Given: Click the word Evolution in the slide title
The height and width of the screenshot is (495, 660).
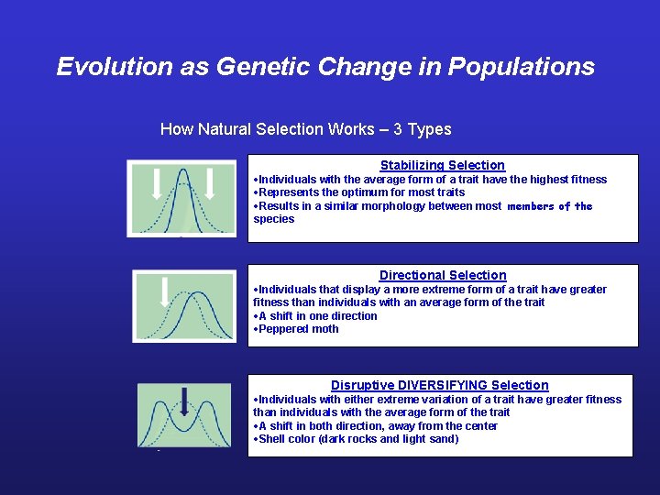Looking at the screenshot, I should click(x=103, y=67).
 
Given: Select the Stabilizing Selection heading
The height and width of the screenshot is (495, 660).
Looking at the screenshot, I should click(x=443, y=165).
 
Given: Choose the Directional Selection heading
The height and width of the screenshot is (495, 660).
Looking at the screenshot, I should click(x=443, y=275).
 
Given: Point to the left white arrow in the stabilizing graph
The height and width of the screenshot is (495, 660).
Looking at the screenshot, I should click(x=157, y=182).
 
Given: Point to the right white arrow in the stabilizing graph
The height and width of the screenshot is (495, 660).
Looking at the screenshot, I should click(x=209, y=182).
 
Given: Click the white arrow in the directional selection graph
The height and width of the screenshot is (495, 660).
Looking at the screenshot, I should click(x=165, y=291).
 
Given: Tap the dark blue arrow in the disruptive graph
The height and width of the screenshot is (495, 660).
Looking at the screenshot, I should click(x=184, y=401).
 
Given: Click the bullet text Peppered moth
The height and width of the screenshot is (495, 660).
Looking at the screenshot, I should click(x=298, y=329).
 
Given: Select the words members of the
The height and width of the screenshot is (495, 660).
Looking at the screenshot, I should click(x=549, y=206).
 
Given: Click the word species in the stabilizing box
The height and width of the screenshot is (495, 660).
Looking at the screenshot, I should click(x=274, y=219).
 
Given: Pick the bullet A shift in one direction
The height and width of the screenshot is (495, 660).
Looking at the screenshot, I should click(x=317, y=316).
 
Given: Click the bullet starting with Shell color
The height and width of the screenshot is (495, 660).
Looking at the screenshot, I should click(x=357, y=439).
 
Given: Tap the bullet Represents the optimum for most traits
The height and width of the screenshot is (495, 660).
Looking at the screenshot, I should click(x=361, y=192).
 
